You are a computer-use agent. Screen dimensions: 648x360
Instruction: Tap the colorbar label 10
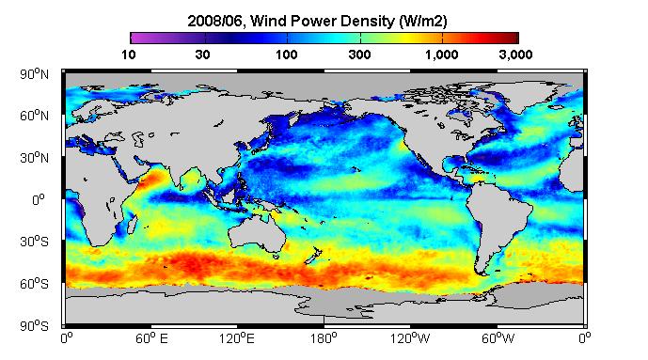click(129, 55)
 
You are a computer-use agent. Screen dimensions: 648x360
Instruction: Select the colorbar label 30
click(202, 55)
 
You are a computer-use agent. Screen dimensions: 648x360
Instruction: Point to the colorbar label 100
click(287, 55)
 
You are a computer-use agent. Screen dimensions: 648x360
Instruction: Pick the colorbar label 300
click(359, 55)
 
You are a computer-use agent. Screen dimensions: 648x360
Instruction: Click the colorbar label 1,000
click(442, 55)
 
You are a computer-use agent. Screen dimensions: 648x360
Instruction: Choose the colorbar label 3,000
click(515, 55)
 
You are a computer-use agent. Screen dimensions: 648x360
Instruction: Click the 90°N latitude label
click(34, 74)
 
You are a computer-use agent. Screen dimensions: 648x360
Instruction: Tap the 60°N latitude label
click(34, 116)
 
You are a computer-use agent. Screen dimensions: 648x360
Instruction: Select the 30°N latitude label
click(34, 158)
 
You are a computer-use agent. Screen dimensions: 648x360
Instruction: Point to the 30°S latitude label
click(34, 242)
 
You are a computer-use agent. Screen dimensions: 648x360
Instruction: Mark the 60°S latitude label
click(34, 284)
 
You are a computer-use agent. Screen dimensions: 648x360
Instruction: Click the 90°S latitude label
click(34, 326)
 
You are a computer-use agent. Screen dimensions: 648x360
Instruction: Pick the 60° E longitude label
click(151, 338)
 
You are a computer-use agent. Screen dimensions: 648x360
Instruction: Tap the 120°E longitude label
click(237, 338)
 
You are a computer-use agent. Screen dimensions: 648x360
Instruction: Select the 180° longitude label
click(324, 338)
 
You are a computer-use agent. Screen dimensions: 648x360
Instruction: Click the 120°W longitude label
click(410, 338)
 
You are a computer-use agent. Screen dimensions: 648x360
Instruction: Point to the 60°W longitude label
click(498, 338)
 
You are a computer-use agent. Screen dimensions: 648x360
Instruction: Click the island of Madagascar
click(133, 224)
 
